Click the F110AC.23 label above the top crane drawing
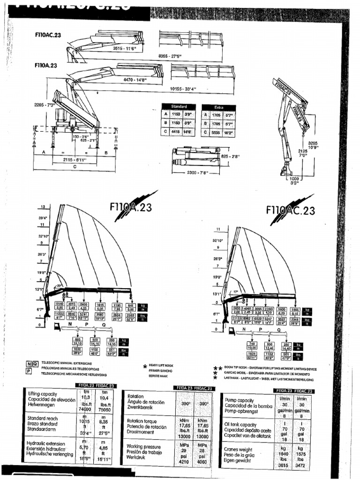(x=48, y=34)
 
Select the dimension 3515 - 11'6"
(x=124, y=48)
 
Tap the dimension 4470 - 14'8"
(x=135, y=80)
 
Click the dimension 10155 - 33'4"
(x=182, y=89)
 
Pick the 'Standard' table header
(x=179, y=107)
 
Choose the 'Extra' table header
(x=218, y=107)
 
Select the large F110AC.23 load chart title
(x=290, y=210)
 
